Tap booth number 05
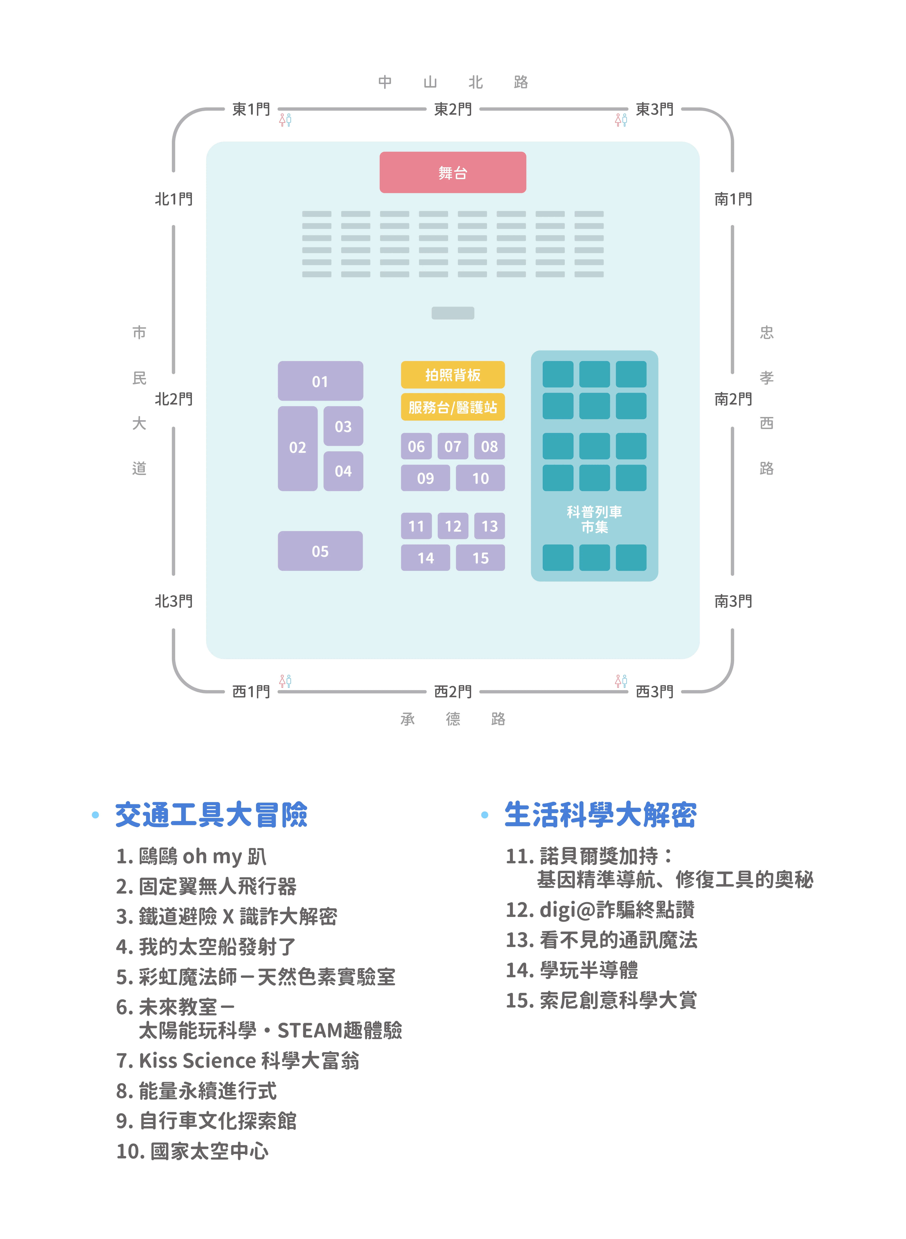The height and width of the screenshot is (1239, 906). [320, 551]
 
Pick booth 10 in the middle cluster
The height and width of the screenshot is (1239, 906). [480, 478]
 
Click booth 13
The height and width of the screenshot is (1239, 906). [490, 526]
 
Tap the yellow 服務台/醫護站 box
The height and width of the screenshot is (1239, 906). [453, 407]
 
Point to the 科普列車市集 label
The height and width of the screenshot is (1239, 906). [595, 519]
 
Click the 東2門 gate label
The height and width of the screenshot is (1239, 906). [453, 109]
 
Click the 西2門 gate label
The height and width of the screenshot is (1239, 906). [453, 691]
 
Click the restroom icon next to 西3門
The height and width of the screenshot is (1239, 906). [621, 681]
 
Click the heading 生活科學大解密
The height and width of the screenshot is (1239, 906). [600, 815]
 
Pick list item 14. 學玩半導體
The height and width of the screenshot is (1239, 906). [572, 970]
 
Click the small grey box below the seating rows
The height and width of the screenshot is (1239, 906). [453, 313]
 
